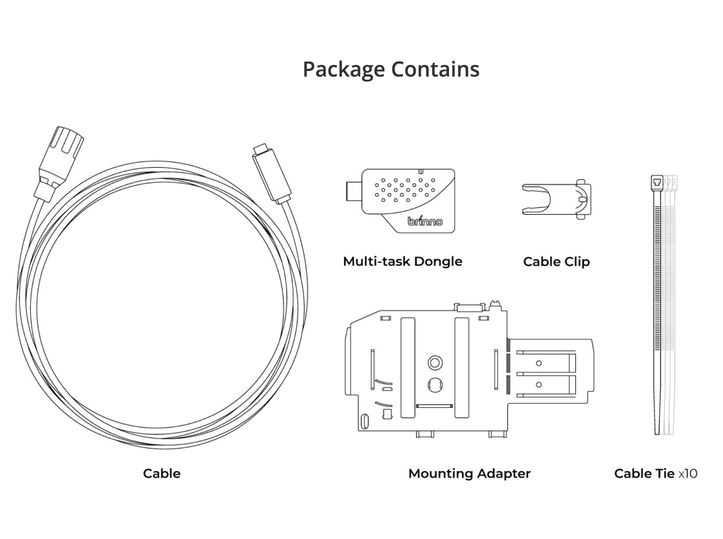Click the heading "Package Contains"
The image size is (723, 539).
(x=391, y=69)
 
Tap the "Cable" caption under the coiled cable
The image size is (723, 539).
(x=162, y=473)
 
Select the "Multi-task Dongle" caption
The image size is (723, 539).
(x=402, y=261)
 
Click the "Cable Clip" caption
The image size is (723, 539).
(x=556, y=262)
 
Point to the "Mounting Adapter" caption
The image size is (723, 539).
(x=469, y=473)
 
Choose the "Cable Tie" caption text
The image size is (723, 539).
(x=644, y=473)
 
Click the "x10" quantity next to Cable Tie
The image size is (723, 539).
(x=688, y=473)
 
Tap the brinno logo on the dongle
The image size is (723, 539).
(x=425, y=221)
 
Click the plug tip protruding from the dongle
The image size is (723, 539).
(x=353, y=191)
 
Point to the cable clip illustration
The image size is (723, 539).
(x=556, y=199)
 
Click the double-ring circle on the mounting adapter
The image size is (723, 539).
(x=435, y=362)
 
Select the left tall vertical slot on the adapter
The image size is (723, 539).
(x=408, y=367)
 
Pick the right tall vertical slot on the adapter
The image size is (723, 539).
(x=462, y=367)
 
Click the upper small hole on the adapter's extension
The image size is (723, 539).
(x=539, y=363)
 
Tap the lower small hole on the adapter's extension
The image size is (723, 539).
(x=539, y=384)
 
